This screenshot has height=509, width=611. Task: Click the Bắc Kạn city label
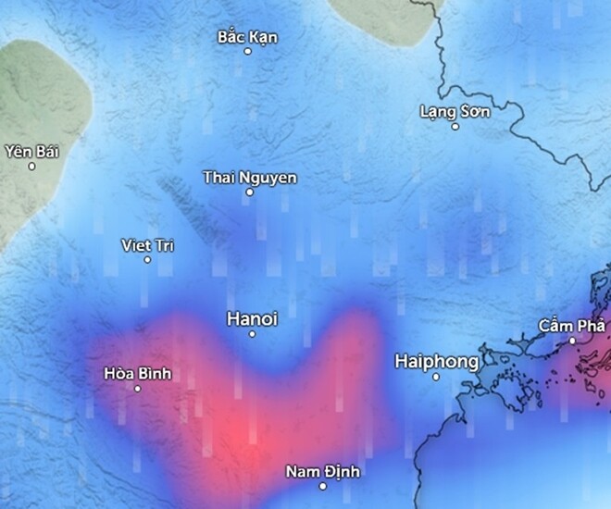(247, 37)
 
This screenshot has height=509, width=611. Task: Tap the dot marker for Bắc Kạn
(247, 51)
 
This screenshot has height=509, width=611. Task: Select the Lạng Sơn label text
(455, 111)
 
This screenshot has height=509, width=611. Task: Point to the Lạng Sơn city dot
(455, 126)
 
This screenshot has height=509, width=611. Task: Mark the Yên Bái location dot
(31, 167)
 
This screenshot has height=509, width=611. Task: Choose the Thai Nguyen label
(250, 177)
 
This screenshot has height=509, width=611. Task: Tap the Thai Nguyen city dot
(250, 192)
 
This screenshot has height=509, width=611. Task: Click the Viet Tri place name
(147, 245)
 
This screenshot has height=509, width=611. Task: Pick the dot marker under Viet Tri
(147, 260)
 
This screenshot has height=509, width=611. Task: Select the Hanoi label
(252, 318)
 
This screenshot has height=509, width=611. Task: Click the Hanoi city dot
(252, 333)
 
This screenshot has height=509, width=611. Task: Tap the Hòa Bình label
(138, 374)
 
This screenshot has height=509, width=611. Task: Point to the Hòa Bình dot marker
(138, 389)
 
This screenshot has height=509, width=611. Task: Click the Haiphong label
(436, 361)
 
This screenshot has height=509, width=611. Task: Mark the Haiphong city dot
(436, 377)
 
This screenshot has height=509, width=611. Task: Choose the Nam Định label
(323, 471)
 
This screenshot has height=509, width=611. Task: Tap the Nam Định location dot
(323, 486)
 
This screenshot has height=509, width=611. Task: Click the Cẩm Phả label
(572, 326)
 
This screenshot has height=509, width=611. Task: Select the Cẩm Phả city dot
(572, 341)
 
